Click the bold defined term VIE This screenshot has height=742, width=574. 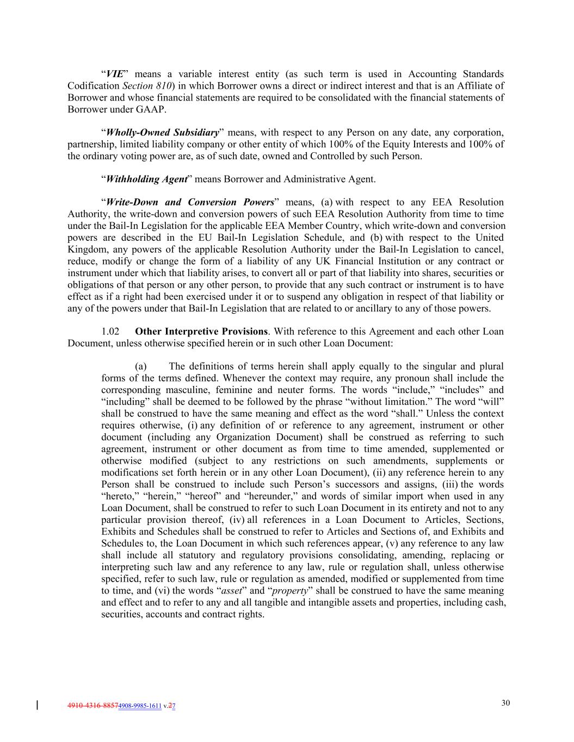[114, 74]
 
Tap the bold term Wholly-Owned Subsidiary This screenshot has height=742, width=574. [162, 133]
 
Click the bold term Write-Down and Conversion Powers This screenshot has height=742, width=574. [190, 202]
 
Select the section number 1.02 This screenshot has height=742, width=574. [110, 332]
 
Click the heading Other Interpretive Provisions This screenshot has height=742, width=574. [201, 332]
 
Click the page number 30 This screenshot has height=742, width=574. [505, 703]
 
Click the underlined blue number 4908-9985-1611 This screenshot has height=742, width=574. [140, 706]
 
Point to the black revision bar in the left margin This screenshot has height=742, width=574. [37, 706]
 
